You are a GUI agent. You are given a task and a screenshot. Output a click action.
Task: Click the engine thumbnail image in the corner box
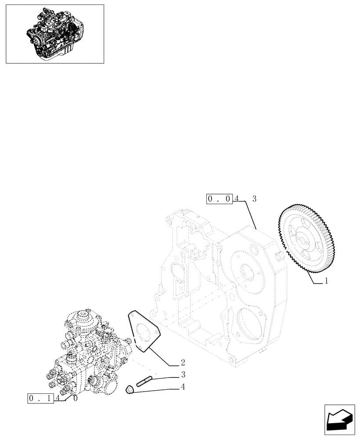pos(54,34)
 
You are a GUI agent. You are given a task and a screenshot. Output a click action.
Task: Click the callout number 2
pos(182,363)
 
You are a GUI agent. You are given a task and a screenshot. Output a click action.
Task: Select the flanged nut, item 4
pos(130,389)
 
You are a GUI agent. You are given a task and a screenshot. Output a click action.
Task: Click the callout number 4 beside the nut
pos(182,387)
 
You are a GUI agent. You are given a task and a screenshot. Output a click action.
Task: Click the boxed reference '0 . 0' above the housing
pos(219,199)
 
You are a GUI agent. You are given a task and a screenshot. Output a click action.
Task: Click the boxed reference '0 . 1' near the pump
pos(40,399)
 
